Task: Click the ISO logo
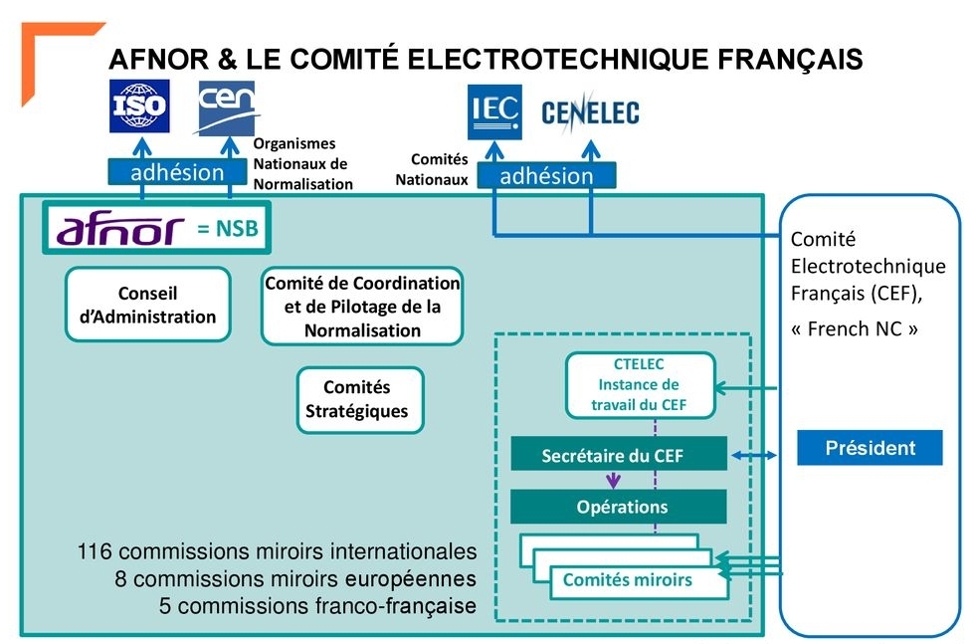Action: [139, 107]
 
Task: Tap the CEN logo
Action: [229, 107]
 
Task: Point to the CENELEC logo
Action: [590, 113]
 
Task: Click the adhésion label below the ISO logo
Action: [177, 172]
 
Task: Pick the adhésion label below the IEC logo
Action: [546, 176]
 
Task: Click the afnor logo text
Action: [120, 229]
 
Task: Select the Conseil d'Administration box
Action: [147, 305]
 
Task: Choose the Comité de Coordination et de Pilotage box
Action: [362, 306]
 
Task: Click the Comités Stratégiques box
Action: [357, 399]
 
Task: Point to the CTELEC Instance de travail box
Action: [640, 384]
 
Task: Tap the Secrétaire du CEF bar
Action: [619, 456]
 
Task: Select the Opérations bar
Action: [619, 507]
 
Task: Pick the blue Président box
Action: [870, 448]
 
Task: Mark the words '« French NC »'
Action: [854, 328]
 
